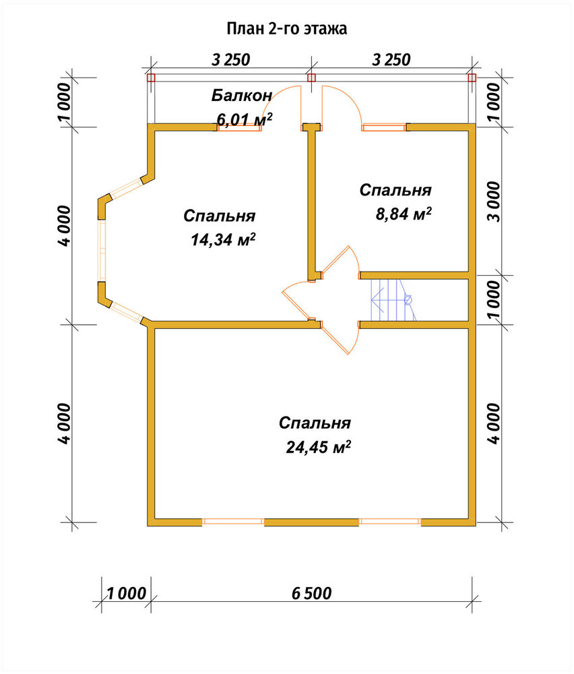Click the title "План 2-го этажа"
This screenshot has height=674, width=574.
click(x=286, y=28)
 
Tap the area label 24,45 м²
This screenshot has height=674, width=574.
click(x=319, y=448)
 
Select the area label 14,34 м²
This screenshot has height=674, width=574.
click(x=224, y=240)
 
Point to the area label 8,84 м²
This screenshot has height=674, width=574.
click(x=404, y=214)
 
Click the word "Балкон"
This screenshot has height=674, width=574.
click(x=242, y=96)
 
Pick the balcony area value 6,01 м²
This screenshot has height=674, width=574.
click(x=245, y=119)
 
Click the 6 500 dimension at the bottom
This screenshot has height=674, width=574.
click(x=311, y=594)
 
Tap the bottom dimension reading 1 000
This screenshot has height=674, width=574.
click(x=126, y=594)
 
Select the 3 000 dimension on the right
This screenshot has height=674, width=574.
click(x=494, y=201)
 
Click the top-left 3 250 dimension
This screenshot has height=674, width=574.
click(x=230, y=60)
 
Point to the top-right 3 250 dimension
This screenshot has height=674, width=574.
click(x=391, y=60)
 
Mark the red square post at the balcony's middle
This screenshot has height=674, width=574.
click(x=311, y=78)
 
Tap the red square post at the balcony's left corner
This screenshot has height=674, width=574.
click(x=151, y=78)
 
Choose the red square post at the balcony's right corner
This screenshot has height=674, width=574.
click(x=472, y=78)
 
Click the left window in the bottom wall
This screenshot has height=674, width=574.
click(x=233, y=522)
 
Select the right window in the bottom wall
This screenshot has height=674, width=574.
click(x=390, y=522)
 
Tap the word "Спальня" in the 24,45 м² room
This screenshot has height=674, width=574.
click(x=315, y=423)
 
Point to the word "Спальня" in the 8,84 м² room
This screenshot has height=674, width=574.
click(x=395, y=191)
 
